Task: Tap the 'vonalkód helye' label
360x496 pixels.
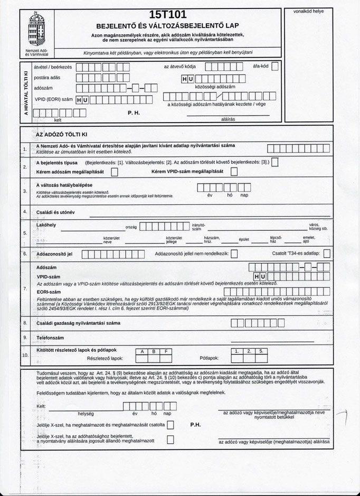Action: pyautogui.click(x=308, y=12)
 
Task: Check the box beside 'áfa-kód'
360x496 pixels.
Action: pyautogui.click(x=274, y=67)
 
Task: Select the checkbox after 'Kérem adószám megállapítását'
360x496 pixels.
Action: pyautogui.click(x=115, y=172)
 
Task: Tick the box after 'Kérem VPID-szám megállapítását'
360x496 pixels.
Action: pyautogui.click(x=234, y=172)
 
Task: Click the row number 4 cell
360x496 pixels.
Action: pyautogui.click(x=25, y=212)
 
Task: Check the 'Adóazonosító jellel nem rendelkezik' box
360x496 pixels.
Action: pyautogui.click(x=234, y=254)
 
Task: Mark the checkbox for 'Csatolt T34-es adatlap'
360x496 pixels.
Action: pyautogui.click(x=327, y=254)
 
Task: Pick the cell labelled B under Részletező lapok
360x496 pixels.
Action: pyautogui.click(x=154, y=351)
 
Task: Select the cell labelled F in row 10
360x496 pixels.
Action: pyautogui.click(x=166, y=351)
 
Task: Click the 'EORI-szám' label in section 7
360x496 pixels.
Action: pyautogui.click(x=49, y=292)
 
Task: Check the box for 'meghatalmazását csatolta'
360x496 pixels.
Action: pyautogui.click(x=170, y=425)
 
